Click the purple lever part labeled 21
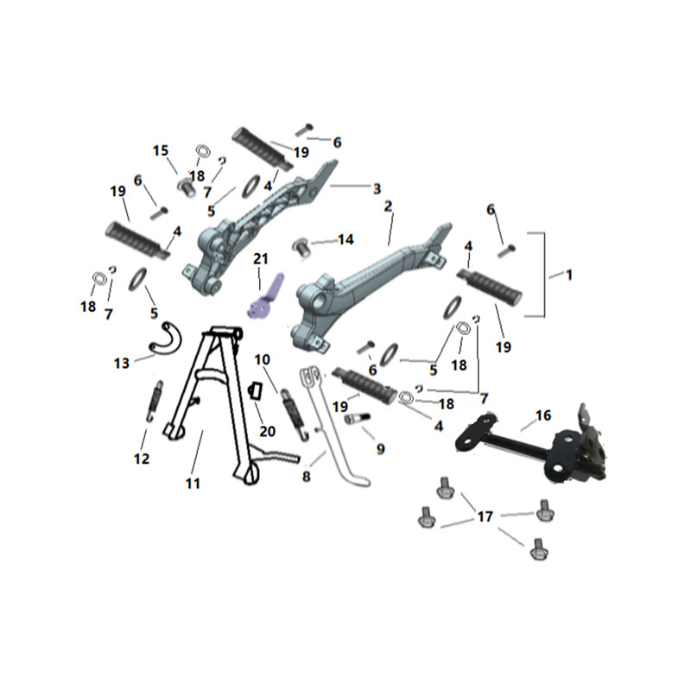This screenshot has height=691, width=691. coord(264,299)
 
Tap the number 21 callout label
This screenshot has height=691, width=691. coord(261,258)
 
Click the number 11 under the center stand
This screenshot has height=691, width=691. coord(193,484)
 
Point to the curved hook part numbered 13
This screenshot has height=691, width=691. coord(163,337)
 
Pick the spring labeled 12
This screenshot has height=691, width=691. coord(154,401)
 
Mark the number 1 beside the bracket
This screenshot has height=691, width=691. coord(569,276)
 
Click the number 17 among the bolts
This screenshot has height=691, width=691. coord(485,516)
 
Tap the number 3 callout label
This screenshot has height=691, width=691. coord(377,189)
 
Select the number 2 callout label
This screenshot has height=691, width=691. coord(388,206)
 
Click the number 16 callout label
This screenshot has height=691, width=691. coord(543,415)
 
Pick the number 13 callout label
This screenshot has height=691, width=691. coord(122,364)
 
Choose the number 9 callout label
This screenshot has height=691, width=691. coord(380,449)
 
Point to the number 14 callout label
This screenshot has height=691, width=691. coord(345,240)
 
